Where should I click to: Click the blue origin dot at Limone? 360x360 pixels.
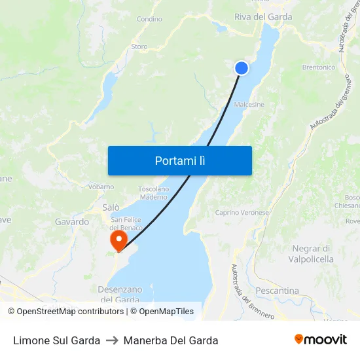point(242,67)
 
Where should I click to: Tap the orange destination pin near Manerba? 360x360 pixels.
point(118,240)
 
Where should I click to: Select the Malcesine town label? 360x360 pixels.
point(249,104)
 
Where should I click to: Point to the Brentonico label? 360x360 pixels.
point(319,67)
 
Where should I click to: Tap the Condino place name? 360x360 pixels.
point(149,19)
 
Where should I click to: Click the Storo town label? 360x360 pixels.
point(139,46)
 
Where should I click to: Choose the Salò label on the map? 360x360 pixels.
point(111,207)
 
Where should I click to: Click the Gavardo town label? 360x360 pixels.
point(72,222)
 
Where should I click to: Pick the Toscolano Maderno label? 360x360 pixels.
point(153,193)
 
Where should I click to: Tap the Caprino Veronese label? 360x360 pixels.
point(242,212)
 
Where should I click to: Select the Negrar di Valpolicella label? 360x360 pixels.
point(311,254)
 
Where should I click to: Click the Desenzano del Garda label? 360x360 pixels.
point(119,294)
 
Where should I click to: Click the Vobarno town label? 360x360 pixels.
point(101,187)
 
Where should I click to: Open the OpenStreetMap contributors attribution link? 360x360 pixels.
point(67,312)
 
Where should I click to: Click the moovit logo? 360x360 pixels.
point(321,340)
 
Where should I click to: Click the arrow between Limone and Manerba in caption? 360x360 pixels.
point(112,340)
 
